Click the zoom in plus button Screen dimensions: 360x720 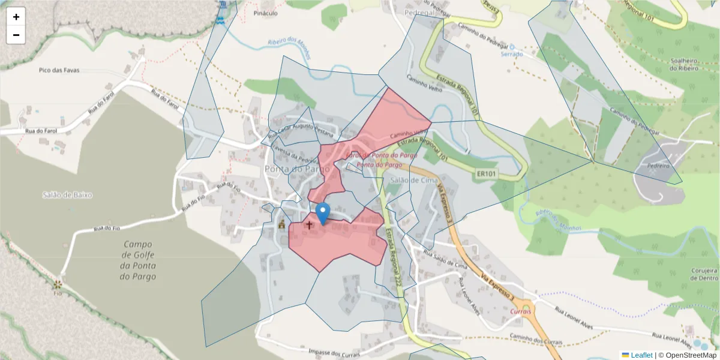click(16, 17)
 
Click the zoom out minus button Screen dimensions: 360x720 click(16, 35)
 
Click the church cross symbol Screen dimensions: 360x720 click(309, 225)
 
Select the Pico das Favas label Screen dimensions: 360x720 click(59, 70)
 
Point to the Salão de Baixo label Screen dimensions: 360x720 click(68, 194)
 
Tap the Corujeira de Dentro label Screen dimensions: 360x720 click(704, 274)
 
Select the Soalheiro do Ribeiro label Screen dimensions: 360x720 click(685, 64)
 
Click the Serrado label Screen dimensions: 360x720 click(512, 54)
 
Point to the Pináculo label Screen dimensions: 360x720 click(265, 13)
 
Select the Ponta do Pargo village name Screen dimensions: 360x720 click(297, 169)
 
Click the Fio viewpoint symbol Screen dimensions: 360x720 click(58, 284)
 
